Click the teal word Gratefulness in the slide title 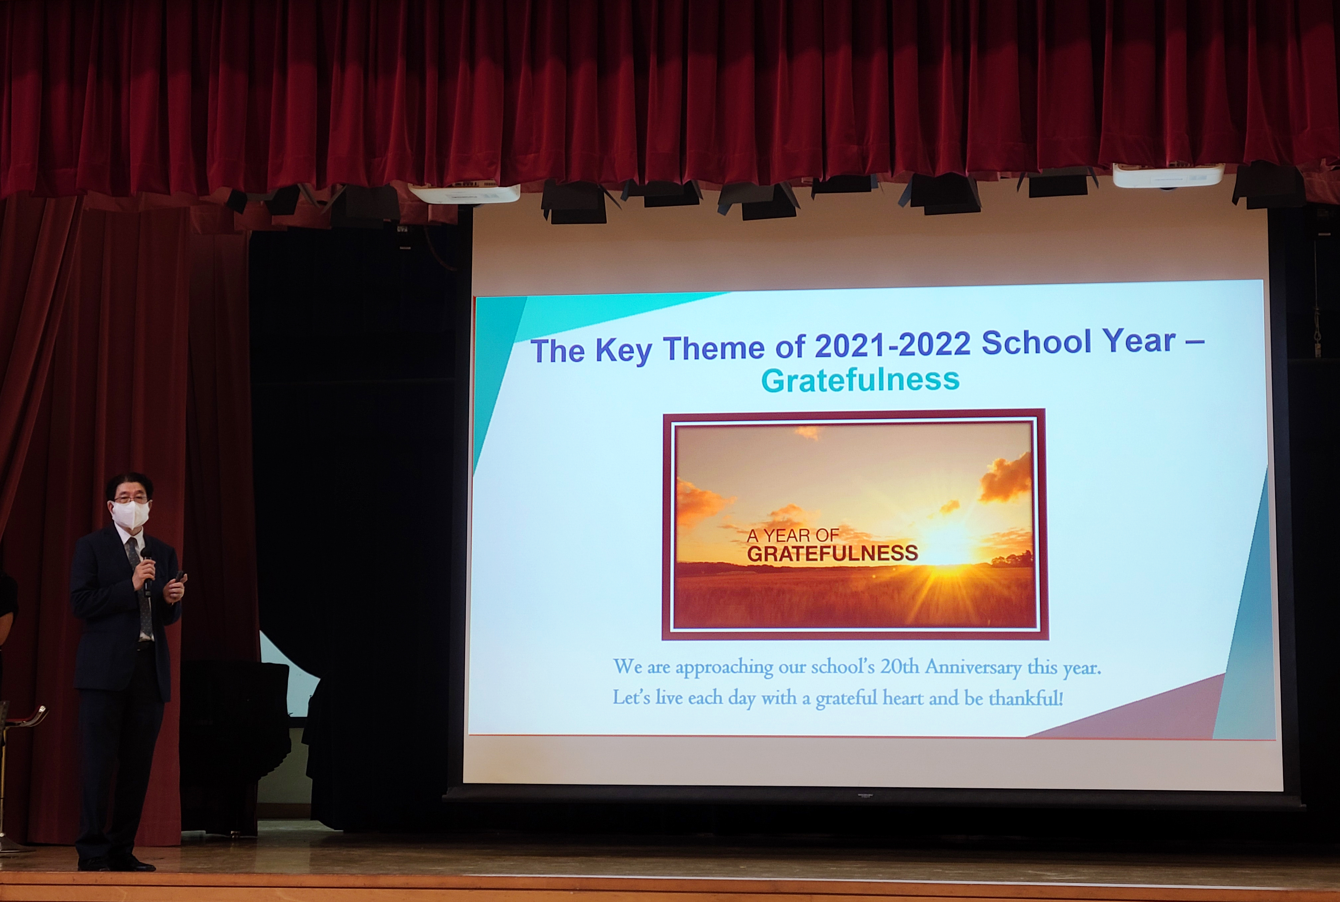point(860,380)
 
